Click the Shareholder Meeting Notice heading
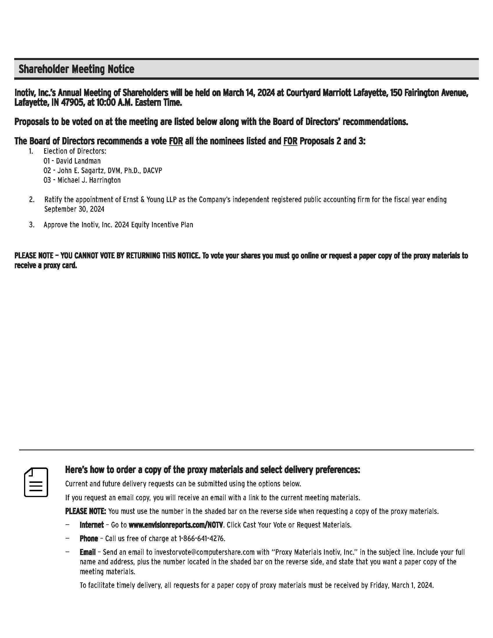[x=76, y=69]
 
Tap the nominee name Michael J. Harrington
[x=89, y=180]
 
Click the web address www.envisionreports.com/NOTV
[x=176, y=525]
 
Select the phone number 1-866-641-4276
[x=202, y=539]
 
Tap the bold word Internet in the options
[x=92, y=525]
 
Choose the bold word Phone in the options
[x=89, y=539]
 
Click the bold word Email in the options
[x=88, y=552]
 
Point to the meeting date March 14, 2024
[x=249, y=93]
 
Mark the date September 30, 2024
[x=74, y=209]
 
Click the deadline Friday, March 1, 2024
[x=402, y=586]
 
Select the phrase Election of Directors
[x=75, y=151]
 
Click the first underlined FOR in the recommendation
[x=176, y=142]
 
